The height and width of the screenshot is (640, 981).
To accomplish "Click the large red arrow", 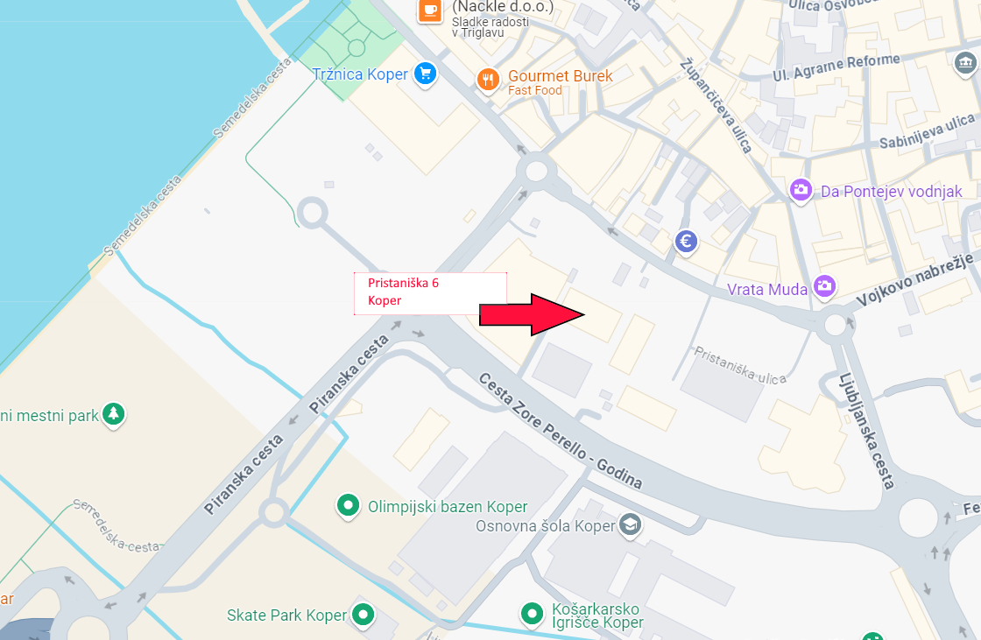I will pyautogui.click(x=531, y=314).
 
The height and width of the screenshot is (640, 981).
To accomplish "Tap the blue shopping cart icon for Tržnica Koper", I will pyautogui.click(x=426, y=74).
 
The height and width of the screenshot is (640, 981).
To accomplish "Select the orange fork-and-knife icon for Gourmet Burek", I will pyautogui.click(x=488, y=80).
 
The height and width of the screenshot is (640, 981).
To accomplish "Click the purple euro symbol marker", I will pyautogui.click(x=686, y=241).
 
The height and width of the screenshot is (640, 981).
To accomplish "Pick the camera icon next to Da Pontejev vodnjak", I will pyautogui.click(x=801, y=190).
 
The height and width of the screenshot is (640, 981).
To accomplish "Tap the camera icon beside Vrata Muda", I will pyautogui.click(x=823, y=285).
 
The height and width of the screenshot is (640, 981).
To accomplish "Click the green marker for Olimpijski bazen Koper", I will pyautogui.click(x=349, y=505).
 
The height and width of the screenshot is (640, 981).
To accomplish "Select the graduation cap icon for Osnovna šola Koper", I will pyautogui.click(x=630, y=524).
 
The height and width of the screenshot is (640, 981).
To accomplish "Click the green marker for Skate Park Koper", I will pyautogui.click(x=363, y=615).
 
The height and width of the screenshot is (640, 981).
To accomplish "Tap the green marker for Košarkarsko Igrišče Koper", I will pyautogui.click(x=531, y=614).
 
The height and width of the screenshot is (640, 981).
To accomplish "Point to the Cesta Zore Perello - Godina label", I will pyautogui.click(x=561, y=431).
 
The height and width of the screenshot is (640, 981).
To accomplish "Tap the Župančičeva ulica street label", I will pyautogui.click(x=716, y=105).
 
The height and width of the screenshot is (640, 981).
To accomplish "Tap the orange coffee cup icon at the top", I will pyautogui.click(x=429, y=10).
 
